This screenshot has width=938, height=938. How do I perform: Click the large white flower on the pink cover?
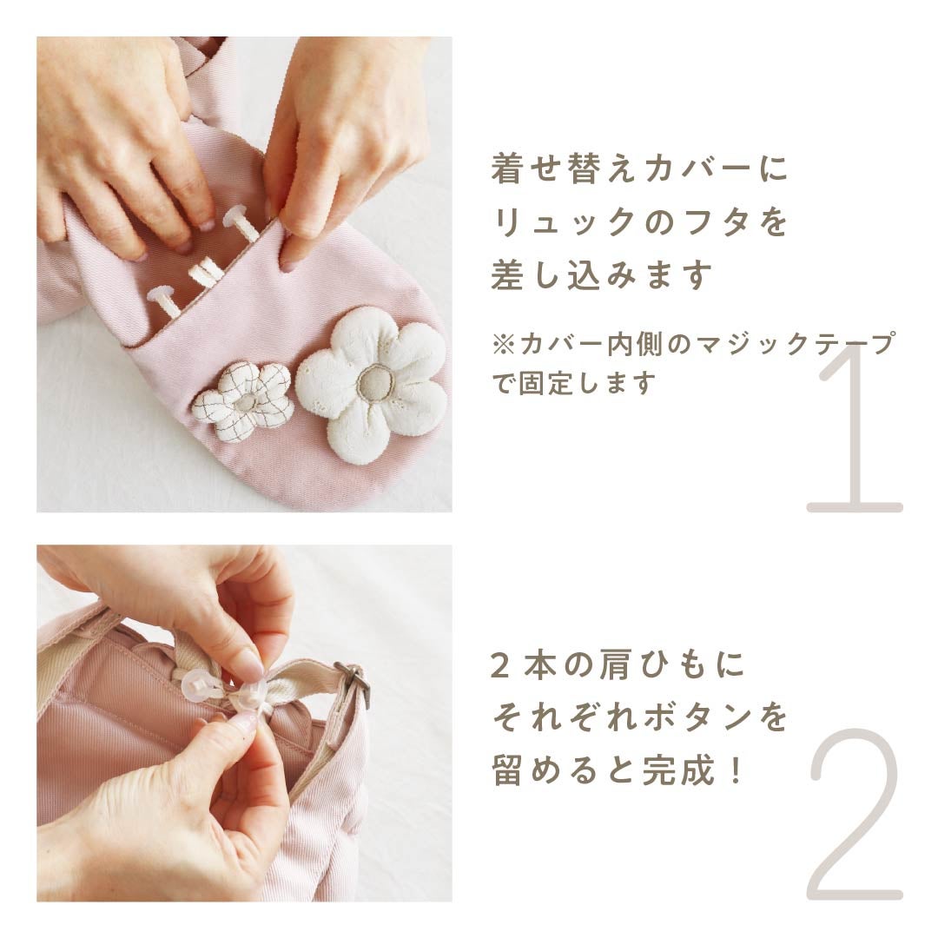pos(372,384)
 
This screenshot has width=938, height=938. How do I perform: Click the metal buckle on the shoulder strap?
pos(353,681)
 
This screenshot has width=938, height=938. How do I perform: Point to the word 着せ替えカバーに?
pos(639,169)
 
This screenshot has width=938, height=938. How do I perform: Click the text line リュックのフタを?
pos(639,222)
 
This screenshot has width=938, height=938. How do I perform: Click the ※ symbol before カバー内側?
pos(503,345)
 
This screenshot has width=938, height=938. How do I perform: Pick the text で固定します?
pos(574,384)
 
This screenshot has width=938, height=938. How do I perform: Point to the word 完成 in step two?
pos(678,770)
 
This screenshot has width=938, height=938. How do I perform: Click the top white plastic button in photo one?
pos(241,222)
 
